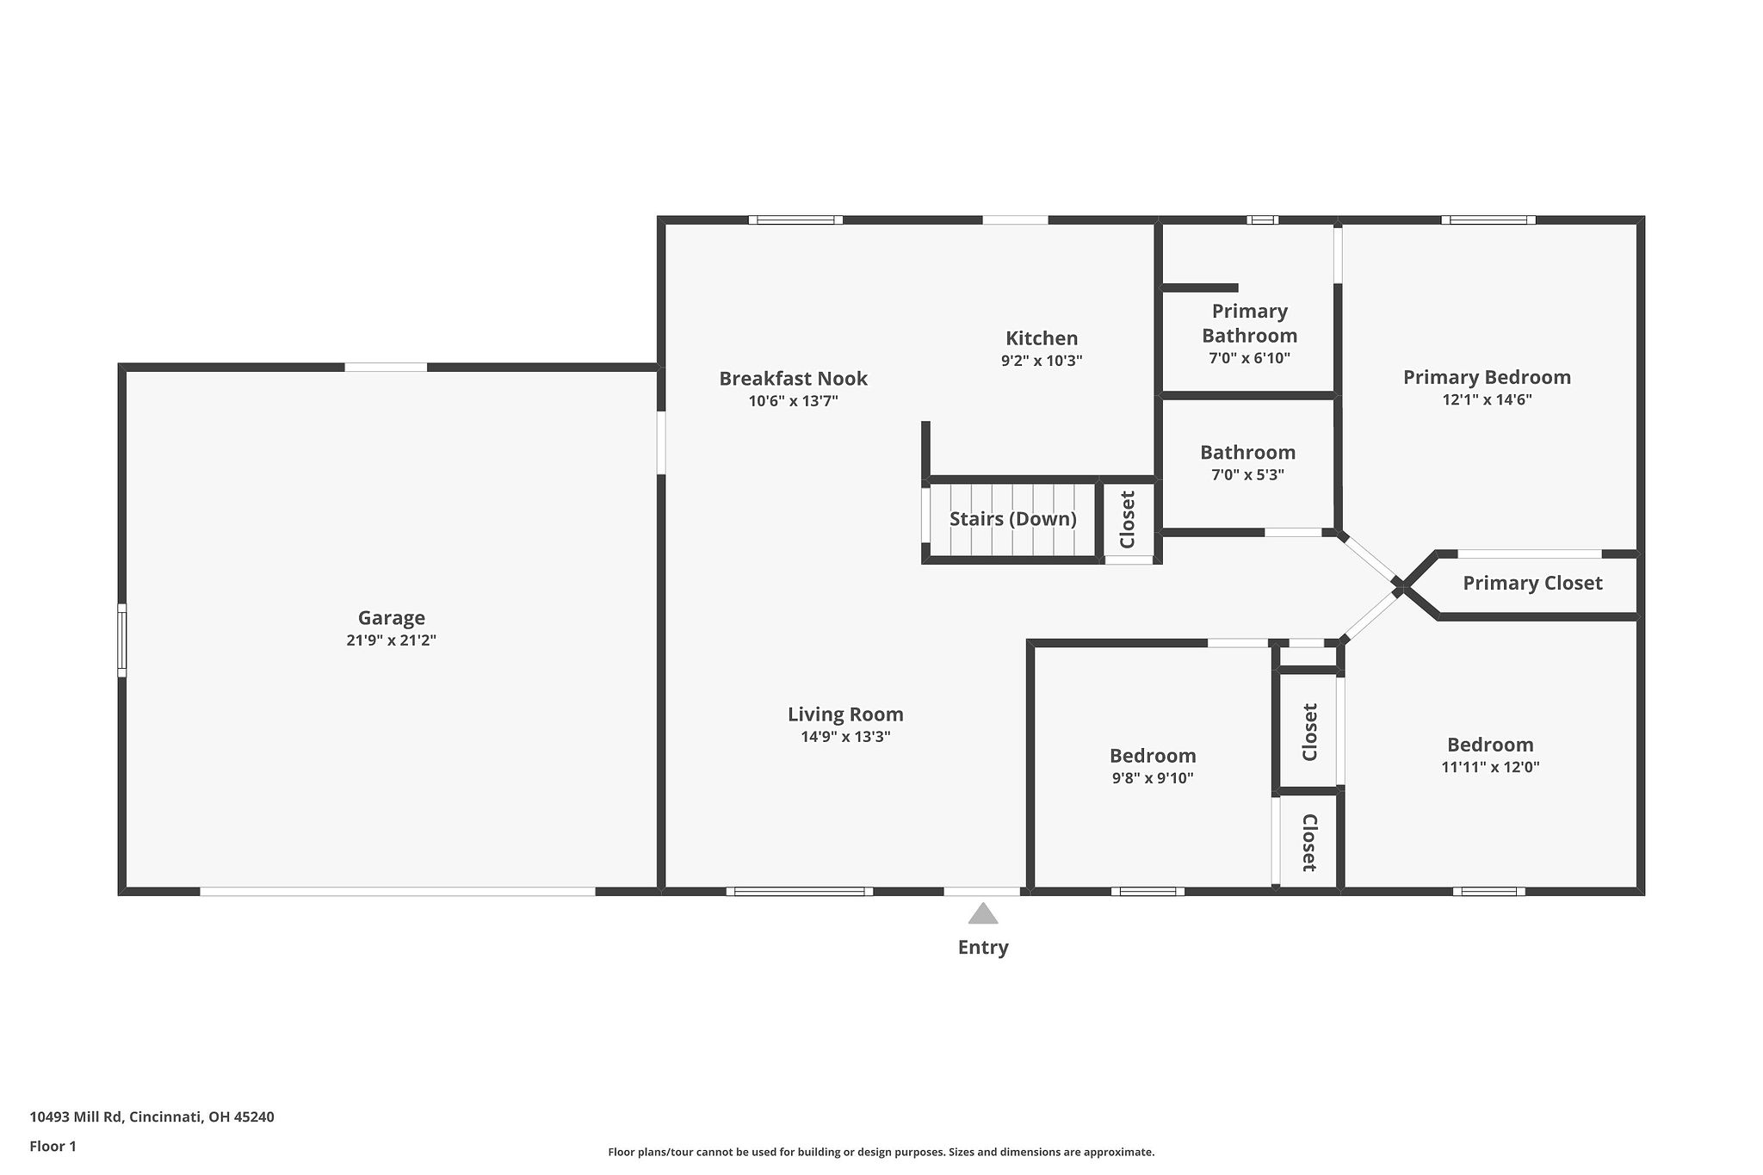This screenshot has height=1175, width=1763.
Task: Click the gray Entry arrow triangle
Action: tap(982, 914)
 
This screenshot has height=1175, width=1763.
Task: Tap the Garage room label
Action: tap(392, 617)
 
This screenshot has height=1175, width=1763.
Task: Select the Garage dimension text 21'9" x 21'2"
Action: tap(392, 640)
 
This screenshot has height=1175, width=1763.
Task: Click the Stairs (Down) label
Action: tap(1012, 519)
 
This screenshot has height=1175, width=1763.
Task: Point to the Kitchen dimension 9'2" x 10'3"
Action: tap(1041, 361)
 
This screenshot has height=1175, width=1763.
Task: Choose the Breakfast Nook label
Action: tap(793, 378)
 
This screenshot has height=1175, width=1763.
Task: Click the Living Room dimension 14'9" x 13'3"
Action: tap(845, 737)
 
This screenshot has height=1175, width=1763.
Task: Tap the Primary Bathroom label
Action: tap(1249, 323)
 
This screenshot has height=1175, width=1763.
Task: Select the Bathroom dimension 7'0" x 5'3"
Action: tap(1247, 475)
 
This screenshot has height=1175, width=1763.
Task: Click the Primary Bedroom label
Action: tap(1487, 377)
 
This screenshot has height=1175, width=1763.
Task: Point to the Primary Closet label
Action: tap(1532, 584)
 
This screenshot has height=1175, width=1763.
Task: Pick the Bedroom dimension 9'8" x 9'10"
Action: tap(1153, 778)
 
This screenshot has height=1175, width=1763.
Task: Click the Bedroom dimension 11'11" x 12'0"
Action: tap(1490, 767)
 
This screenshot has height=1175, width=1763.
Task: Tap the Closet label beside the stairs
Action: tap(1128, 519)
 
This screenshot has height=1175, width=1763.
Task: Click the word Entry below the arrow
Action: tap(982, 948)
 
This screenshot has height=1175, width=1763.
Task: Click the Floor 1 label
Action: tap(53, 1147)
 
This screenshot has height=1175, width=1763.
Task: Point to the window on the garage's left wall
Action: tap(122, 640)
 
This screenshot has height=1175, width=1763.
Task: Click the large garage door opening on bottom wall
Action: tap(397, 892)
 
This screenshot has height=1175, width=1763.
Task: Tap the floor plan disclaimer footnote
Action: tap(881, 1152)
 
